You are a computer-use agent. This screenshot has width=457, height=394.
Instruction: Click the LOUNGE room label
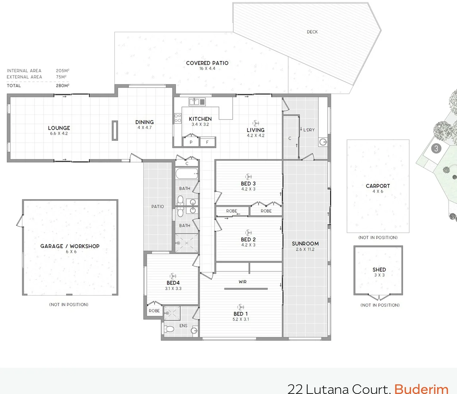click(59, 128)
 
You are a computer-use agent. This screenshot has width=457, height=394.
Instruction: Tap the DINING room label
click(144, 122)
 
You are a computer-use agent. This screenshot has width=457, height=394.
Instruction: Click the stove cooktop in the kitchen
click(177, 118)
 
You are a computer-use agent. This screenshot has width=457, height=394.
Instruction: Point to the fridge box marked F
click(207, 142)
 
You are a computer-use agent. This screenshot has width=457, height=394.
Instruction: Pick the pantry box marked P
click(191, 142)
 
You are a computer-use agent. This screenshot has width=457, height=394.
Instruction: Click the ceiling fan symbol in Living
click(255, 123)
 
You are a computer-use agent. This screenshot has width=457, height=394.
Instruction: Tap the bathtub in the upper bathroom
click(187, 173)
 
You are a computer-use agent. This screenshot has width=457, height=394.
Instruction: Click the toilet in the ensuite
click(169, 329)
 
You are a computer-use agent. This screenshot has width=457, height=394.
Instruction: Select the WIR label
click(243, 282)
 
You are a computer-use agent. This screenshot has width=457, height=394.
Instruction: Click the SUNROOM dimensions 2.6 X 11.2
click(305, 250)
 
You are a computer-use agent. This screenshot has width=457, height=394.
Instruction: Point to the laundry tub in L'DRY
click(323, 142)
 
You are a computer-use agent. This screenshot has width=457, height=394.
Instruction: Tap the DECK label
click(312, 32)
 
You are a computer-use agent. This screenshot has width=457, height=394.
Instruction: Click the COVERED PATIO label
click(207, 63)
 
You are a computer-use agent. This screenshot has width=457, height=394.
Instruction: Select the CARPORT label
click(378, 186)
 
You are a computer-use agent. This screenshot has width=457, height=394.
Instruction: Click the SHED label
click(379, 270)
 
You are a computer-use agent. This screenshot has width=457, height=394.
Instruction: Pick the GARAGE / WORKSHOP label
click(70, 246)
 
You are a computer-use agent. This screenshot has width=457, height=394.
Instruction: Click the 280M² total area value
click(63, 85)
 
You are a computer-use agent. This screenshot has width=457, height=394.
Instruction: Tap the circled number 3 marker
click(436, 148)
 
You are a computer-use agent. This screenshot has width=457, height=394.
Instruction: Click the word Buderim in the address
click(421, 389)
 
